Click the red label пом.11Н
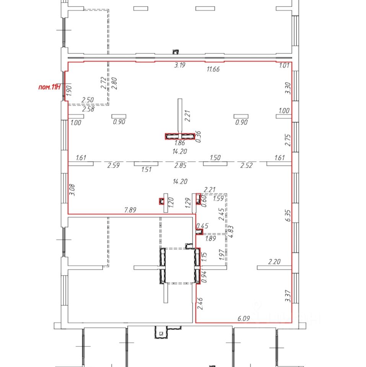click(x=49, y=87)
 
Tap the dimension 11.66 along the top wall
click(x=213, y=69)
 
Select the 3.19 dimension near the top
click(x=180, y=65)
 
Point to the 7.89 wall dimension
click(x=130, y=210)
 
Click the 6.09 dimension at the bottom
click(x=244, y=318)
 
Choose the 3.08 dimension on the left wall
click(x=72, y=190)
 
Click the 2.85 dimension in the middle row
click(x=180, y=166)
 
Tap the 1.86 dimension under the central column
click(x=180, y=143)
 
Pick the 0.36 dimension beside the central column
click(x=198, y=137)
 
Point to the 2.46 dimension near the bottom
click(x=200, y=304)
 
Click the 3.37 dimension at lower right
click(x=288, y=296)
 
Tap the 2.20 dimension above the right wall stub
click(x=274, y=261)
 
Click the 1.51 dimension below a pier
click(x=146, y=169)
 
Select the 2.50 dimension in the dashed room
click(x=88, y=100)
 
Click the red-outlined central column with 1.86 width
click(x=180, y=136)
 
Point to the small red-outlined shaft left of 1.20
click(x=161, y=201)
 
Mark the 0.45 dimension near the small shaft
click(x=202, y=226)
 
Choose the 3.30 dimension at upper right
click(x=288, y=88)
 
